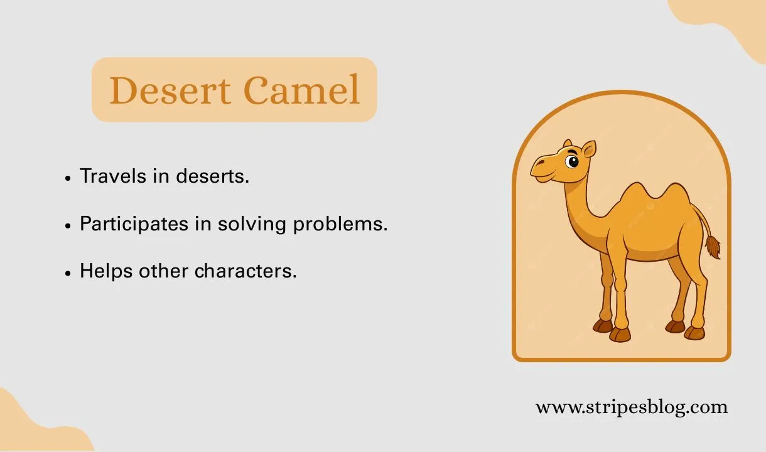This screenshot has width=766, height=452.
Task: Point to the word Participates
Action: (134, 223)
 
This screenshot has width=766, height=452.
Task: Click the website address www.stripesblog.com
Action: (632, 407)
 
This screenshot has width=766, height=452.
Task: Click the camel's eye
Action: (571, 162)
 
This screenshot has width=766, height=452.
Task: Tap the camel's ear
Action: (588, 149)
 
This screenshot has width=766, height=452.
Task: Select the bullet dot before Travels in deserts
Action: (68, 178)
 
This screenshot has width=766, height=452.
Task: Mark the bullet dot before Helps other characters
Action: (68, 272)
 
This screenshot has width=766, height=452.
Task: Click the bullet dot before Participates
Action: (68, 225)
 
